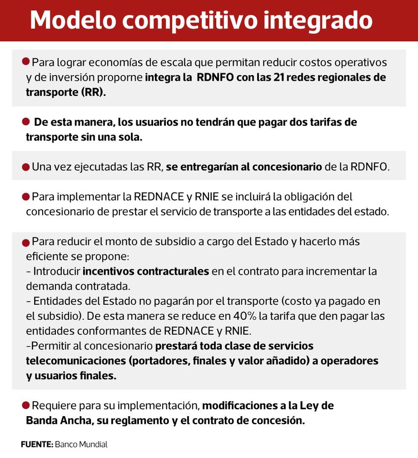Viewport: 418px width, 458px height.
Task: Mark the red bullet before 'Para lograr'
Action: pyautogui.click(x=26, y=62)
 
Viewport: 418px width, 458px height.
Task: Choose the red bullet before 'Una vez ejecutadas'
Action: pyautogui.click(x=26, y=166)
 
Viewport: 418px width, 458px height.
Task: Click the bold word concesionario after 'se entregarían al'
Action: pyautogui.click(x=287, y=167)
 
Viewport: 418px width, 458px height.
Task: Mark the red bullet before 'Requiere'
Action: pyautogui.click(x=26, y=405)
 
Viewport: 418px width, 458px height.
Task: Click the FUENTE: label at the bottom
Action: pyautogui.click(x=37, y=445)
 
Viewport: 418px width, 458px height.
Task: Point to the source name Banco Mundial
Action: pyautogui.click(x=81, y=445)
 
